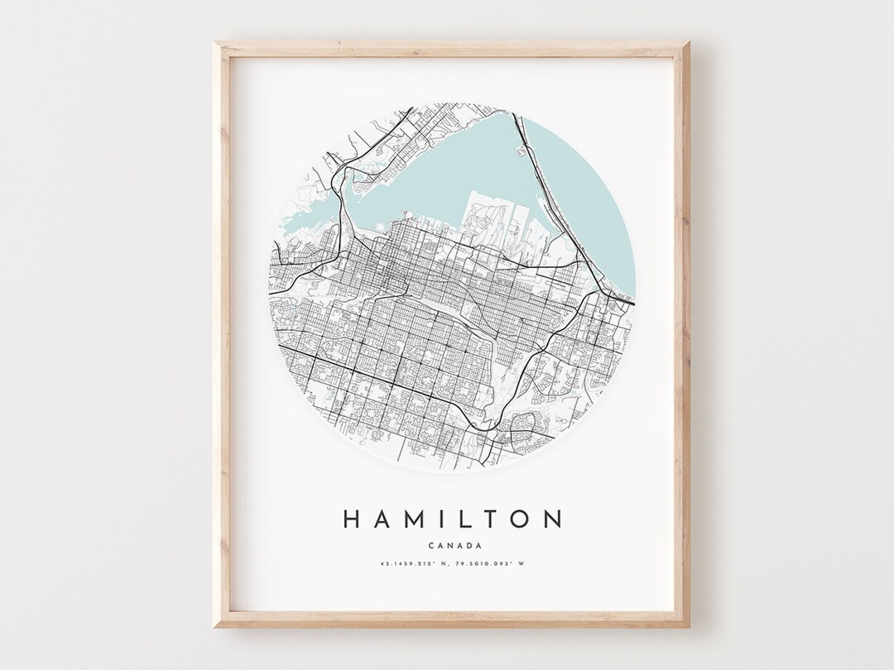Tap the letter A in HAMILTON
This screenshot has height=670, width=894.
[383, 519]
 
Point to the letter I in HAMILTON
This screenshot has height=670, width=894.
[445, 519]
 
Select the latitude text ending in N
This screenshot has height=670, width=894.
[411, 565]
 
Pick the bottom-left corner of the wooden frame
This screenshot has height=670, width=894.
[216, 625]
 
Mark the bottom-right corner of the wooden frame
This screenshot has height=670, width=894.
[687, 625]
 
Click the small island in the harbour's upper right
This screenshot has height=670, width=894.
[522, 151]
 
